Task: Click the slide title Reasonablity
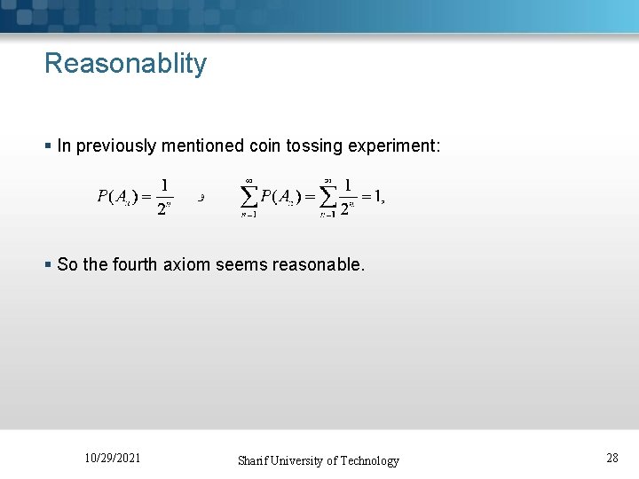[x=125, y=64]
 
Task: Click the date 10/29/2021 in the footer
[x=112, y=458]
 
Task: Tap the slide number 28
[x=612, y=458]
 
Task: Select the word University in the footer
[x=297, y=460]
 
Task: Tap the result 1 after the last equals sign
[x=377, y=196]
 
